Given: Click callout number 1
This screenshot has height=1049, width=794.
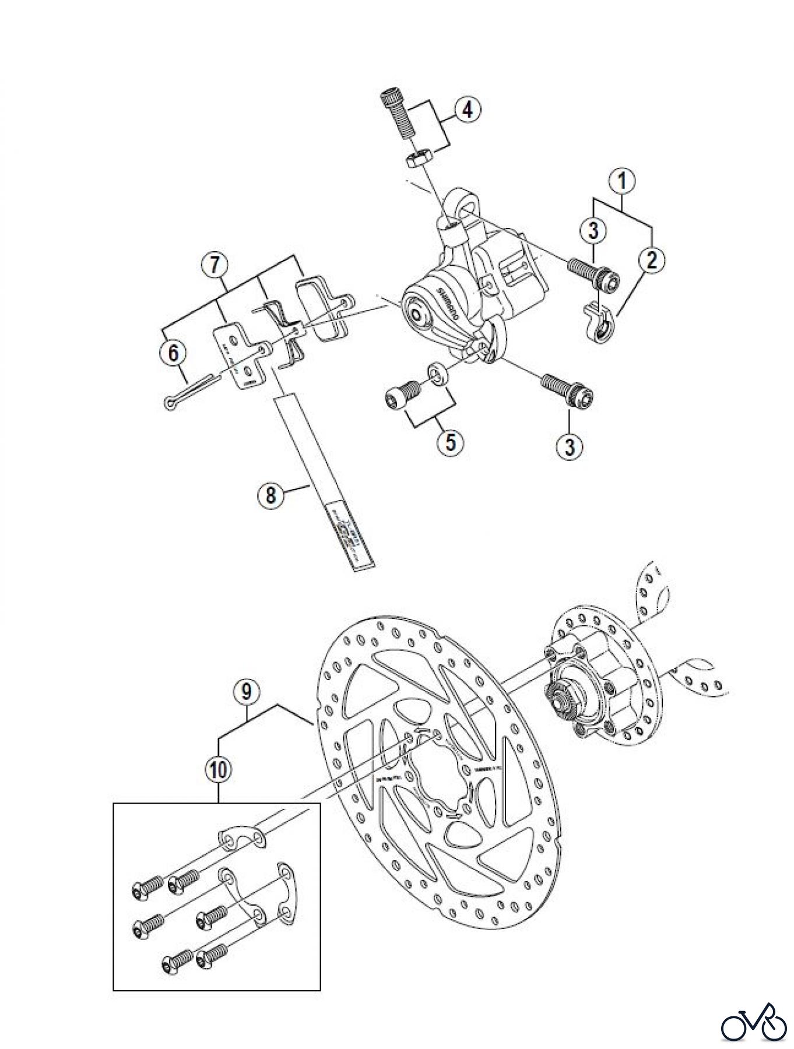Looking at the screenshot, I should pyautogui.click(x=623, y=181).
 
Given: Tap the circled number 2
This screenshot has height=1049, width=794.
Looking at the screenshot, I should pyautogui.click(x=651, y=259).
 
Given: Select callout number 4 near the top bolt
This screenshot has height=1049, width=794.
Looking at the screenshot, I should pyautogui.click(x=468, y=110).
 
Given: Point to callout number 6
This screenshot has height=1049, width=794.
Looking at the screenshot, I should pyautogui.click(x=174, y=353).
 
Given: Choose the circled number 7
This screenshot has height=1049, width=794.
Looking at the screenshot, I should pyautogui.click(x=215, y=266).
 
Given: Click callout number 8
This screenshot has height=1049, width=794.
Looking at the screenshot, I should pyautogui.click(x=270, y=495).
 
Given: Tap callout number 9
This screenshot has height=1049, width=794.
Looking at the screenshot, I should pyautogui.click(x=247, y=692).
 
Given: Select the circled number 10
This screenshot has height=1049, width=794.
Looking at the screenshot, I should pyautogui.click(x=218, y=769).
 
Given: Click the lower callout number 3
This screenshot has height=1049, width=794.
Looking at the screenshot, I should pyautogui.click(x=569, y=447).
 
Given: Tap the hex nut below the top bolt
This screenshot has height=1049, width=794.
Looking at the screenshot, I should pyautogui.click(x=419, y=157).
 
